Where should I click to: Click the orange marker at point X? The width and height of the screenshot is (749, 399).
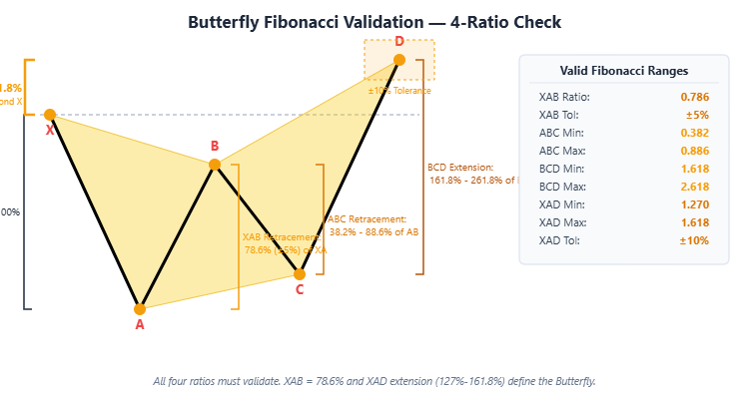click(x=50, y=115)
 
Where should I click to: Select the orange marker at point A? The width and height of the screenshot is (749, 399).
click(x=140, y=309)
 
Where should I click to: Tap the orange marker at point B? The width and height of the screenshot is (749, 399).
click(x=215, y=165)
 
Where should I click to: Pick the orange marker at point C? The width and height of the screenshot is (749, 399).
click(x=300, y=273)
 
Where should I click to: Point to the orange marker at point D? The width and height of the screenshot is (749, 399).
click(x=399, y=60)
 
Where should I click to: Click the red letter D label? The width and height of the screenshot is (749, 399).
click(x=399, y=41)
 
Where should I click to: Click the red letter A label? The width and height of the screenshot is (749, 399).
click(x=140, y=325)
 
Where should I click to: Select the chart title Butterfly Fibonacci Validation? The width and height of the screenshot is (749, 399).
click(x=374, y=22)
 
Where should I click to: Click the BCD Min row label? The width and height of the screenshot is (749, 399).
click(x=560, y=169)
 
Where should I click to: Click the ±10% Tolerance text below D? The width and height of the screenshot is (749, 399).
click(x=399, y=91)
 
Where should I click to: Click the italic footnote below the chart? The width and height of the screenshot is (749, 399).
click(x=374, y=381)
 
